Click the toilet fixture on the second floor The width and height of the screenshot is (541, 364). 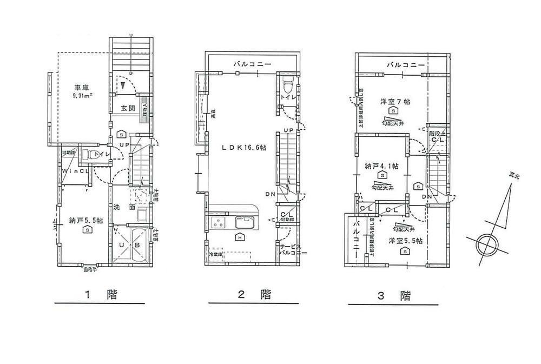(288, 85)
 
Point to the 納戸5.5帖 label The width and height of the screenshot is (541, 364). (82, 220)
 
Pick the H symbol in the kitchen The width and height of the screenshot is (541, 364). (239, 236)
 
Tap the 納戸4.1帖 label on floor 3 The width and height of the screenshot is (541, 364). (382, 167)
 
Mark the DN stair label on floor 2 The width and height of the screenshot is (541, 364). (270, 194)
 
